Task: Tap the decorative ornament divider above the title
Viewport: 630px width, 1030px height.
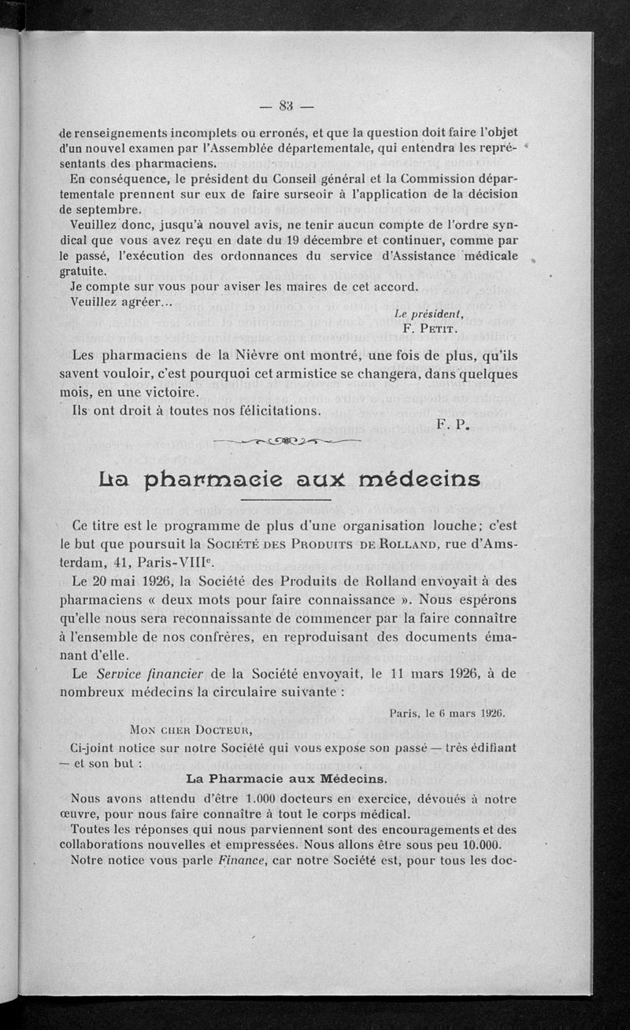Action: [287, 441]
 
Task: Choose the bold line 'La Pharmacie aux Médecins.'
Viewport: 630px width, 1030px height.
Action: [286, 779]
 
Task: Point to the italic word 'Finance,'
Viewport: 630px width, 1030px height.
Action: [239, 861]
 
